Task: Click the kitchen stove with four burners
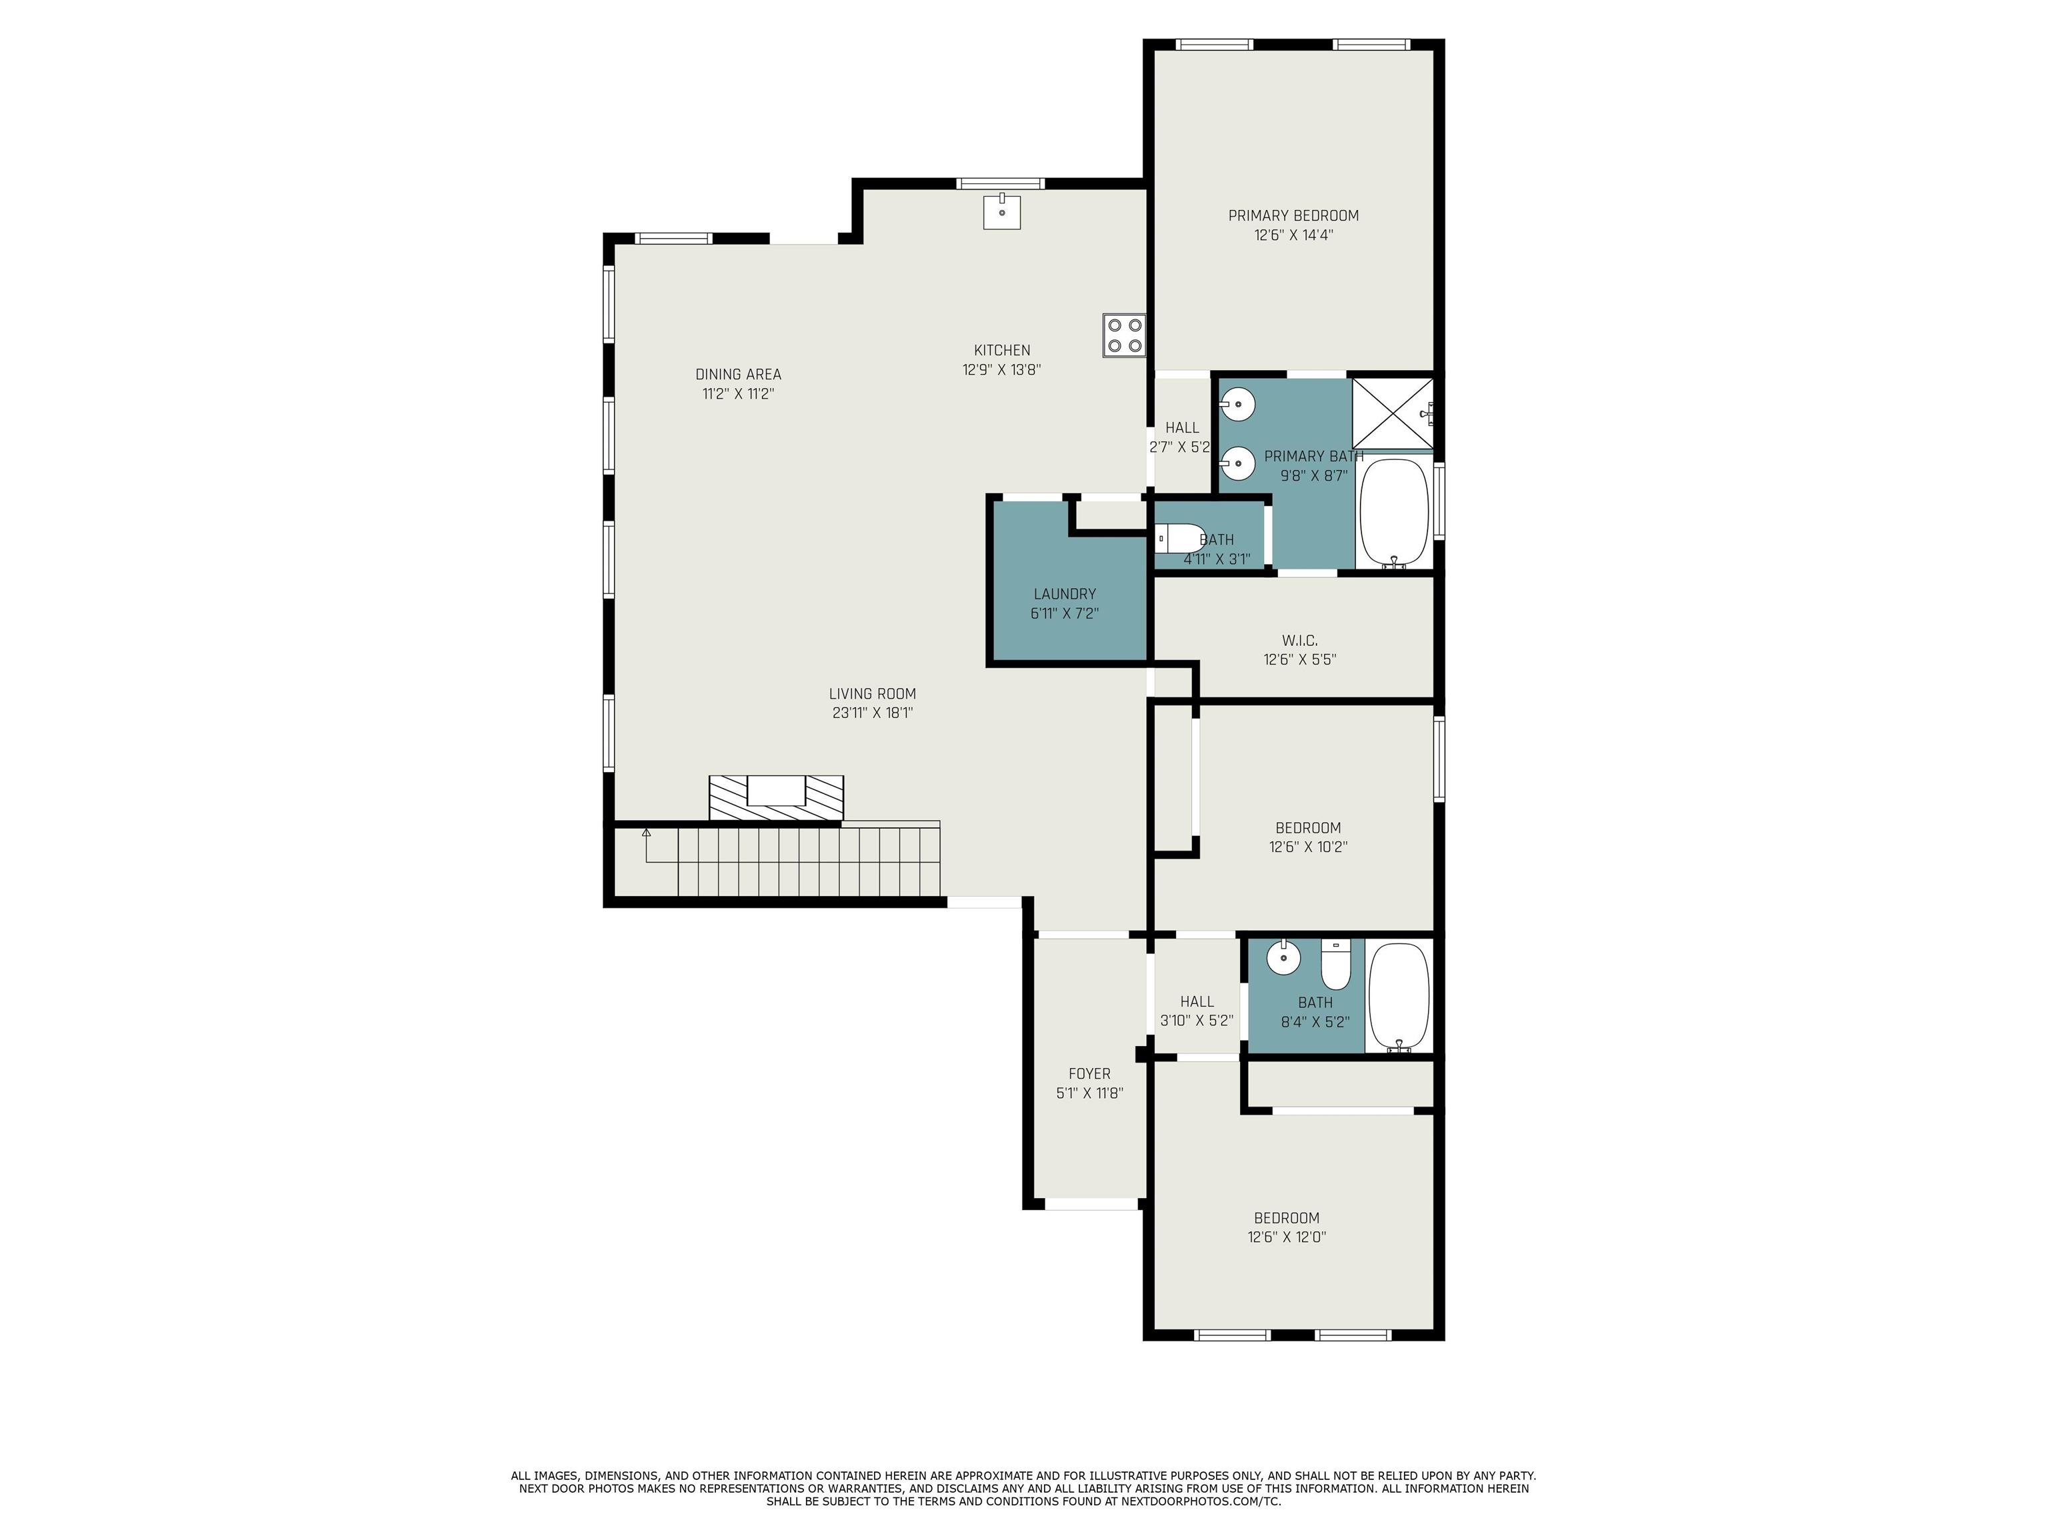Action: point(1124,335)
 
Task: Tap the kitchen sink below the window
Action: point(1002,211)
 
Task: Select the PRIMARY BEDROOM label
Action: point(1293,216)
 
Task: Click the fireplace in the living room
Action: point(776,797)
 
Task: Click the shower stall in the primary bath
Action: point(1393,413)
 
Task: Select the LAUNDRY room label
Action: point(1065,593)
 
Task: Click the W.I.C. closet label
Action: point(1300,640)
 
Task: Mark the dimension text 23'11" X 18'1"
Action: point(872,713)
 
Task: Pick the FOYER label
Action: point(1090,1073)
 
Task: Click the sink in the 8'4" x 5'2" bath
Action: point(1283,957)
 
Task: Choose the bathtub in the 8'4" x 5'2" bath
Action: point(1399,997)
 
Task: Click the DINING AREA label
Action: point(738,374)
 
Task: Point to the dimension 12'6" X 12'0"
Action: point(1287,1237)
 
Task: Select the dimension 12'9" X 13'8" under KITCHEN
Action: point(1002,369)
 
